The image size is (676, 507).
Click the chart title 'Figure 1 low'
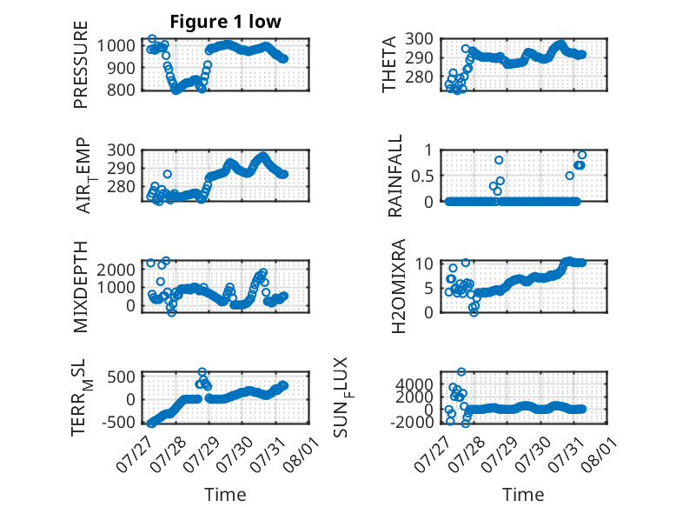225,22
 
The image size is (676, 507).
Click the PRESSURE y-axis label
81,64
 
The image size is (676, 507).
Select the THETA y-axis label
389,64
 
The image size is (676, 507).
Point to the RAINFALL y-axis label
394,176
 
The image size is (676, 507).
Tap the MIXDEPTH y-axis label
81,287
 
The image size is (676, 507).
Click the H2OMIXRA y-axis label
398,286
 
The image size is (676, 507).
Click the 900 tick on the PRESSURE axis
121,68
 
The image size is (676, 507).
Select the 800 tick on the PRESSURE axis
121,90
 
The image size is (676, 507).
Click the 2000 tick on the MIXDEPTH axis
116,270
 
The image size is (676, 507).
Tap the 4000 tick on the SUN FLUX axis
414,384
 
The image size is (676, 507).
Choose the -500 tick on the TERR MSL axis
118,422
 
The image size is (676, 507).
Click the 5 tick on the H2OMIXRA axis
428,288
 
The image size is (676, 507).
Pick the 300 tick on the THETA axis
420,39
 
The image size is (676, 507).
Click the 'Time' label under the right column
523,495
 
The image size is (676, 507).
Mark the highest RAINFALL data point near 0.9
582,155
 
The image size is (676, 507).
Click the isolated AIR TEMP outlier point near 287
168,174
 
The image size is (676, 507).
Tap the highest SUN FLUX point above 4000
461,371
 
